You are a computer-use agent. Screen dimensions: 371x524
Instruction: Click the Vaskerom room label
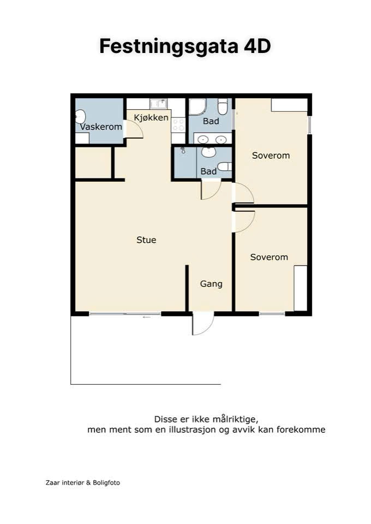click(x=101, y=127)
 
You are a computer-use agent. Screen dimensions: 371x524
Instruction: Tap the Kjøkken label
click(x=151, y=118)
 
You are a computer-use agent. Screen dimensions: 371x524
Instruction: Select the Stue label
click(x=146, y=240)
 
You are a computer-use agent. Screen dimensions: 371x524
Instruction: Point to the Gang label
click(x=211, y=284)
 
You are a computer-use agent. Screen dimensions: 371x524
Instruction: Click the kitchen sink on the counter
click(x=158, y=104)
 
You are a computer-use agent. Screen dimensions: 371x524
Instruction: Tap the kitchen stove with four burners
click(x=178, y=125)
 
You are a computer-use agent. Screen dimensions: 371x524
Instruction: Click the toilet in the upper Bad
click(x=223, y=106)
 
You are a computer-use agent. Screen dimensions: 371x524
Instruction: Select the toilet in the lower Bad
click(x=224, y=166)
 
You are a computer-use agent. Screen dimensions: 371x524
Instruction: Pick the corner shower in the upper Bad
click(x=198, y=106)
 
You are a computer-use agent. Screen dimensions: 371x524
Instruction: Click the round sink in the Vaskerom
click(x=80, y=117)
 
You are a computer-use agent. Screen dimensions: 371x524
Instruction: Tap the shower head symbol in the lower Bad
click(x=183, y=150)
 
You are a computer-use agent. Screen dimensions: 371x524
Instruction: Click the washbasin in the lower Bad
click(x=209, y=152)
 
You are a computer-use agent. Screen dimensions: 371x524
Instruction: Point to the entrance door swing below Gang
click(x=203, y=323)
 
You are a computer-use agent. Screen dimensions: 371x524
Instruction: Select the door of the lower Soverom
click(x=244, y=221)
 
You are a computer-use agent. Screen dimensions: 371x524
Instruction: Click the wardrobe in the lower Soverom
click(x=301, y=288)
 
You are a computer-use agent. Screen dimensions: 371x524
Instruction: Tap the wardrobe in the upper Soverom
click(x=289, y=105)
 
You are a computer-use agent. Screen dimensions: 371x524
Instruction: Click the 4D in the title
click(x=257, y=46)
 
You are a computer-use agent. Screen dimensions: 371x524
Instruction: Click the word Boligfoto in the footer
click(x=106, y=483)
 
